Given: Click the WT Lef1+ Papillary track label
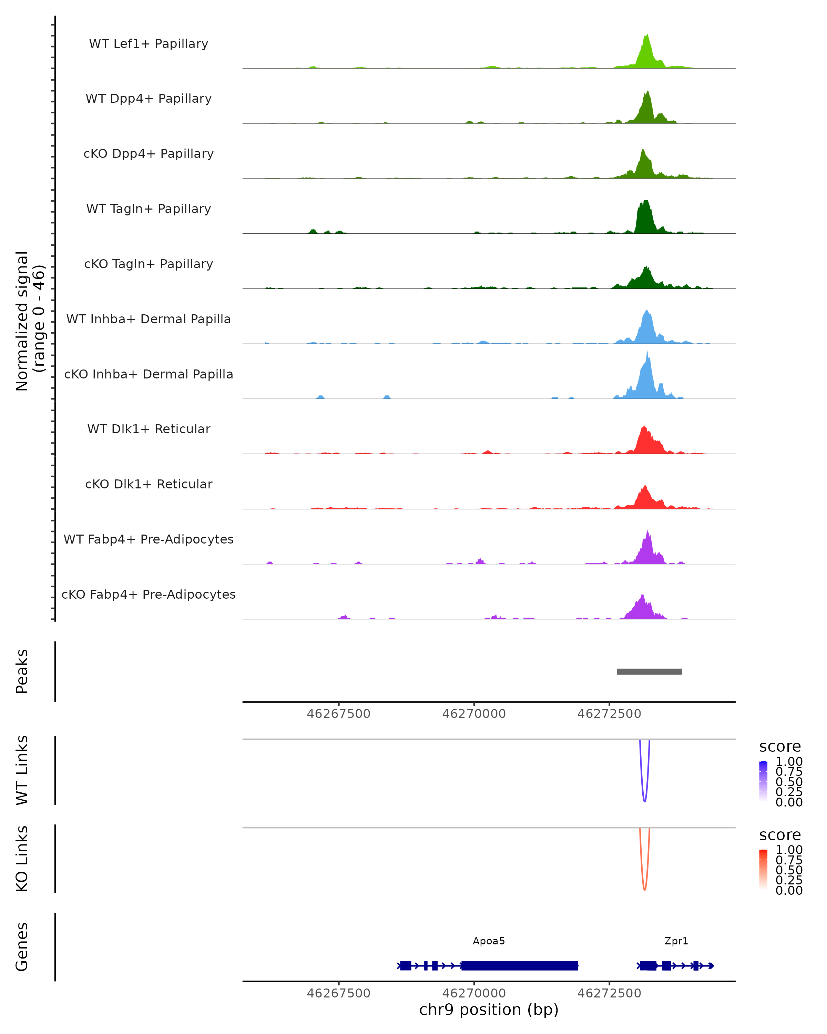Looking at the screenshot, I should coord(149,44).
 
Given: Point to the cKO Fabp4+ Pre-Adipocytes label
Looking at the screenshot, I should coord(149,594).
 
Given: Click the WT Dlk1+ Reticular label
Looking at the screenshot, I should coord(149,429).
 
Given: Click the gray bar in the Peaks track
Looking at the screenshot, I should coord(649,671).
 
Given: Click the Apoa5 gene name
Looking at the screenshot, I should coord(489,941).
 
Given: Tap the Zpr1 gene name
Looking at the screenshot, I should coord(676,941).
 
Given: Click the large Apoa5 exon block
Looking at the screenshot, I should coord(519,965).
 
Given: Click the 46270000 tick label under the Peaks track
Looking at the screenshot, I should coord(474,714).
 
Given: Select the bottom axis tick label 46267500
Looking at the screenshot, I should coord(338,993).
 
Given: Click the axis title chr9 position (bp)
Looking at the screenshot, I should coord(489,1010).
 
